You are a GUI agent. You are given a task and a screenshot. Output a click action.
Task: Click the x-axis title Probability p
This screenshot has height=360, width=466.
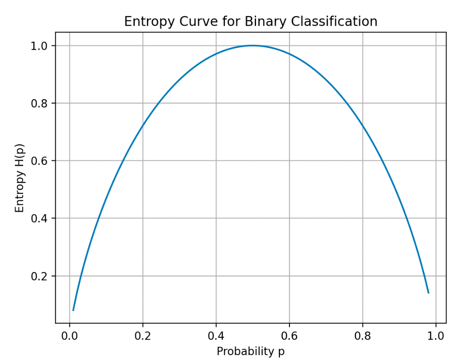(250, 352)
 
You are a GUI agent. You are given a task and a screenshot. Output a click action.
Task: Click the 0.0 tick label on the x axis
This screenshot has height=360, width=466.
(69, 335)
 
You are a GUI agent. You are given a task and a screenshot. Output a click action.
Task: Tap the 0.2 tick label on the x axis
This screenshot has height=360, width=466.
(142, 335)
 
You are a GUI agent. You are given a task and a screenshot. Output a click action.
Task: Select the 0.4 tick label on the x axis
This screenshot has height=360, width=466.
(216, 335)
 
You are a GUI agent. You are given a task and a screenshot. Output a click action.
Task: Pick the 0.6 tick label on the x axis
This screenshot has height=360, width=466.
(289, 335)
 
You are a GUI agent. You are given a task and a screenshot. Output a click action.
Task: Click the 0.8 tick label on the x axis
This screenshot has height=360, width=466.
(362, 335)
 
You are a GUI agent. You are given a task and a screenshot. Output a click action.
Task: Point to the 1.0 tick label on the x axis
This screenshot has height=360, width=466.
(436, 335)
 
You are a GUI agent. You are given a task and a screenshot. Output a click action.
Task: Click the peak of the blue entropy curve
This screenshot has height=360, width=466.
(253, 45)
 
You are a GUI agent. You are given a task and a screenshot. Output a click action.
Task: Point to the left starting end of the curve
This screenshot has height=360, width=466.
(73, 310)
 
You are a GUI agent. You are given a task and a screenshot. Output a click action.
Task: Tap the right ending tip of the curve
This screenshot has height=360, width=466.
(428, 292)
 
